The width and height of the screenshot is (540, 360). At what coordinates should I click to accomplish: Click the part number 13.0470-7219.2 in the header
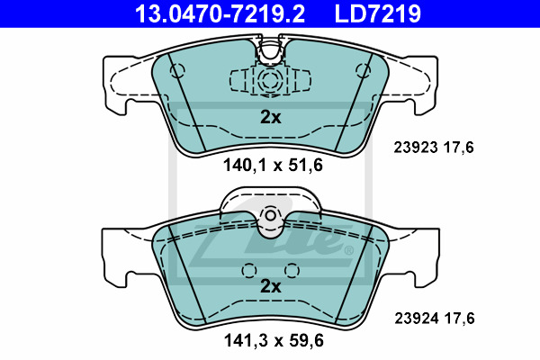[220, 13]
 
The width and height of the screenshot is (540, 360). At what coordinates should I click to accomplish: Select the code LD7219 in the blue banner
[378, 13]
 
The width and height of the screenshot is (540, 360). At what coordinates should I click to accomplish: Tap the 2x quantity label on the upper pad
[271, 117]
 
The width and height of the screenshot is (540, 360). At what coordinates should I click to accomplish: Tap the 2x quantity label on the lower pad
[271, 286]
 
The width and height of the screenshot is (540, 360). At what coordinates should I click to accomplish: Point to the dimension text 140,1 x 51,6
[273, 165]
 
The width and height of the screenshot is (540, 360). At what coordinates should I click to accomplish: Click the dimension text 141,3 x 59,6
[274, 341]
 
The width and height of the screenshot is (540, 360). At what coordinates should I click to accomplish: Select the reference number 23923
[416, 148]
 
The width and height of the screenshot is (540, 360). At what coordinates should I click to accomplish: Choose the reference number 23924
[417, 319]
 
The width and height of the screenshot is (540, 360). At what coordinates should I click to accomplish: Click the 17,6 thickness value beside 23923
[458, 148]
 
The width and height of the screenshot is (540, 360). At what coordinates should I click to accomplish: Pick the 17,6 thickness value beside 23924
[459, 319]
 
